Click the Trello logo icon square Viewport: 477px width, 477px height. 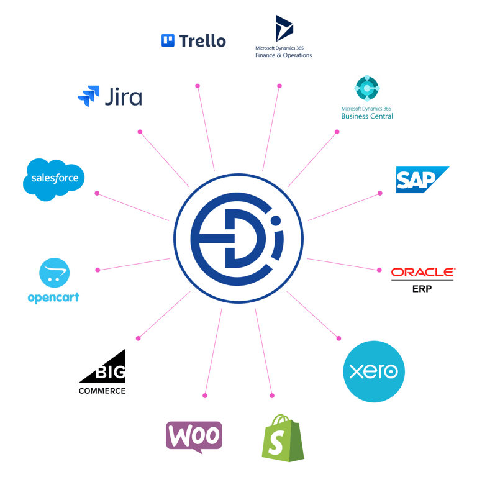click(x=168, y=41)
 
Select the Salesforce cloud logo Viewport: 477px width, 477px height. click(x=55, y=178)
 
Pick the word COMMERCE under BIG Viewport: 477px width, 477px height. click(x=102, y=391)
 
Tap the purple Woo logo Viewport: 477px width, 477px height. click(x=194, y=435)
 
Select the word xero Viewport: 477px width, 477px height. click(x=373, y=371)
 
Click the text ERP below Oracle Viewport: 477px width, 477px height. click(x=422, y=289)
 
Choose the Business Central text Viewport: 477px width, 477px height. click(x=367, y=116)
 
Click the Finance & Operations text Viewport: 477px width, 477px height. click(x=283, y=55)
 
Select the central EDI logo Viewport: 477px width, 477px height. click(x=238, y=239)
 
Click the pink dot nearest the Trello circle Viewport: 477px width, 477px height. click(x=198, y=86)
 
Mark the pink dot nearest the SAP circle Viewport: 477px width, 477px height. click(x=380, y=193)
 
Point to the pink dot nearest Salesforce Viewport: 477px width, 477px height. click(x=97, y=193)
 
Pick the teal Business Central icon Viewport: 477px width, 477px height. click(x=367, y=90)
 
